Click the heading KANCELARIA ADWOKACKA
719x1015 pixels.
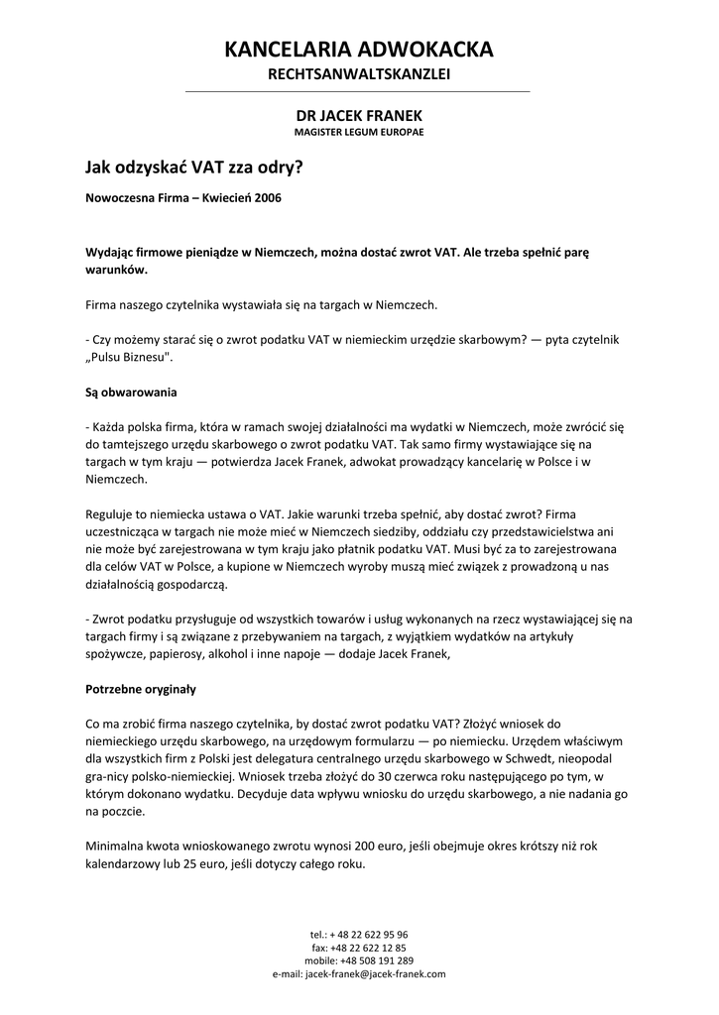359,50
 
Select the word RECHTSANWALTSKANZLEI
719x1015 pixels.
359,75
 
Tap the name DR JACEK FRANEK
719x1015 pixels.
359,116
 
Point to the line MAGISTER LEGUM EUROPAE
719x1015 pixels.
359,132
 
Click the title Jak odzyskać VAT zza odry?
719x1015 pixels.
194,169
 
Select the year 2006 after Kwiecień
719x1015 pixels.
268,198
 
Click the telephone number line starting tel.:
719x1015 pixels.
359,934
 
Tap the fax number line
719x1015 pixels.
359,948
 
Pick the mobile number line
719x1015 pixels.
359,960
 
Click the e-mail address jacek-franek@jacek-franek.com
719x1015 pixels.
375,974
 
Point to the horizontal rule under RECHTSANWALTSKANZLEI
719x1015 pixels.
359,92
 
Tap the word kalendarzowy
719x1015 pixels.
126,862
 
